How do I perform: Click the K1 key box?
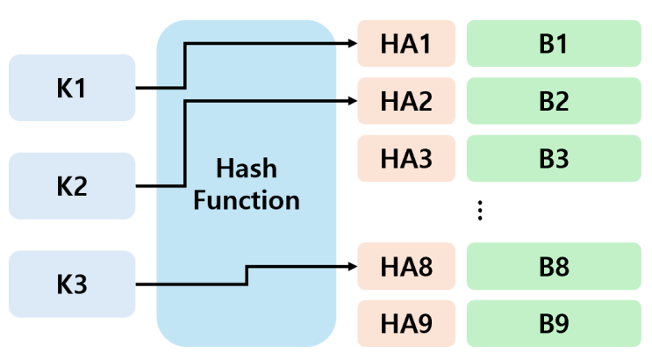click(x=71, y=88)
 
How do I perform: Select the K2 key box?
click(x=71, y=186)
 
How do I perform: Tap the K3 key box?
click(x=71, y=284)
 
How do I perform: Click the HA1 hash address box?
click(x=406, y=43)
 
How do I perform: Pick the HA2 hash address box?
click(x=406, y=101)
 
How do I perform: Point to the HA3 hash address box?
click(x=406, y=159)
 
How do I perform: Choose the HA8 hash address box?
click(x=406, y=266)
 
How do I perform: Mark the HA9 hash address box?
click(x=406, y=323)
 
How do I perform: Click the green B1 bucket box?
click(x=554, y=43)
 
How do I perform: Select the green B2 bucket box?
click(x=554, y=101)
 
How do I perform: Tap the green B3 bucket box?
click(x=554, y=159)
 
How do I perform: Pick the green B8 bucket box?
click(x=554, y=266)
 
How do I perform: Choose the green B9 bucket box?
click(x=554, y=323)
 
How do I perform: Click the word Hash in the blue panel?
click(x=246, y=169)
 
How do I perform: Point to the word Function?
click(x=247, y=199)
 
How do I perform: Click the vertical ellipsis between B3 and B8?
click(x=479, y=211)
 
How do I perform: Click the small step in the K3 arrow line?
click(x=247, y=275)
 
